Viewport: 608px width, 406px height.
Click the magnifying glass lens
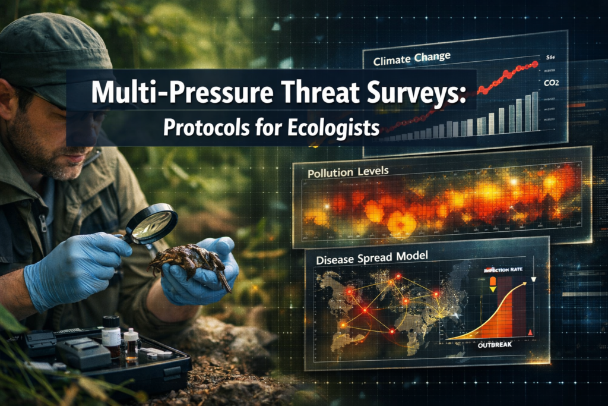point(153,224)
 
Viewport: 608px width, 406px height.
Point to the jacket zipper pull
point(43,226)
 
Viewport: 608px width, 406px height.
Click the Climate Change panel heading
point(411,58)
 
